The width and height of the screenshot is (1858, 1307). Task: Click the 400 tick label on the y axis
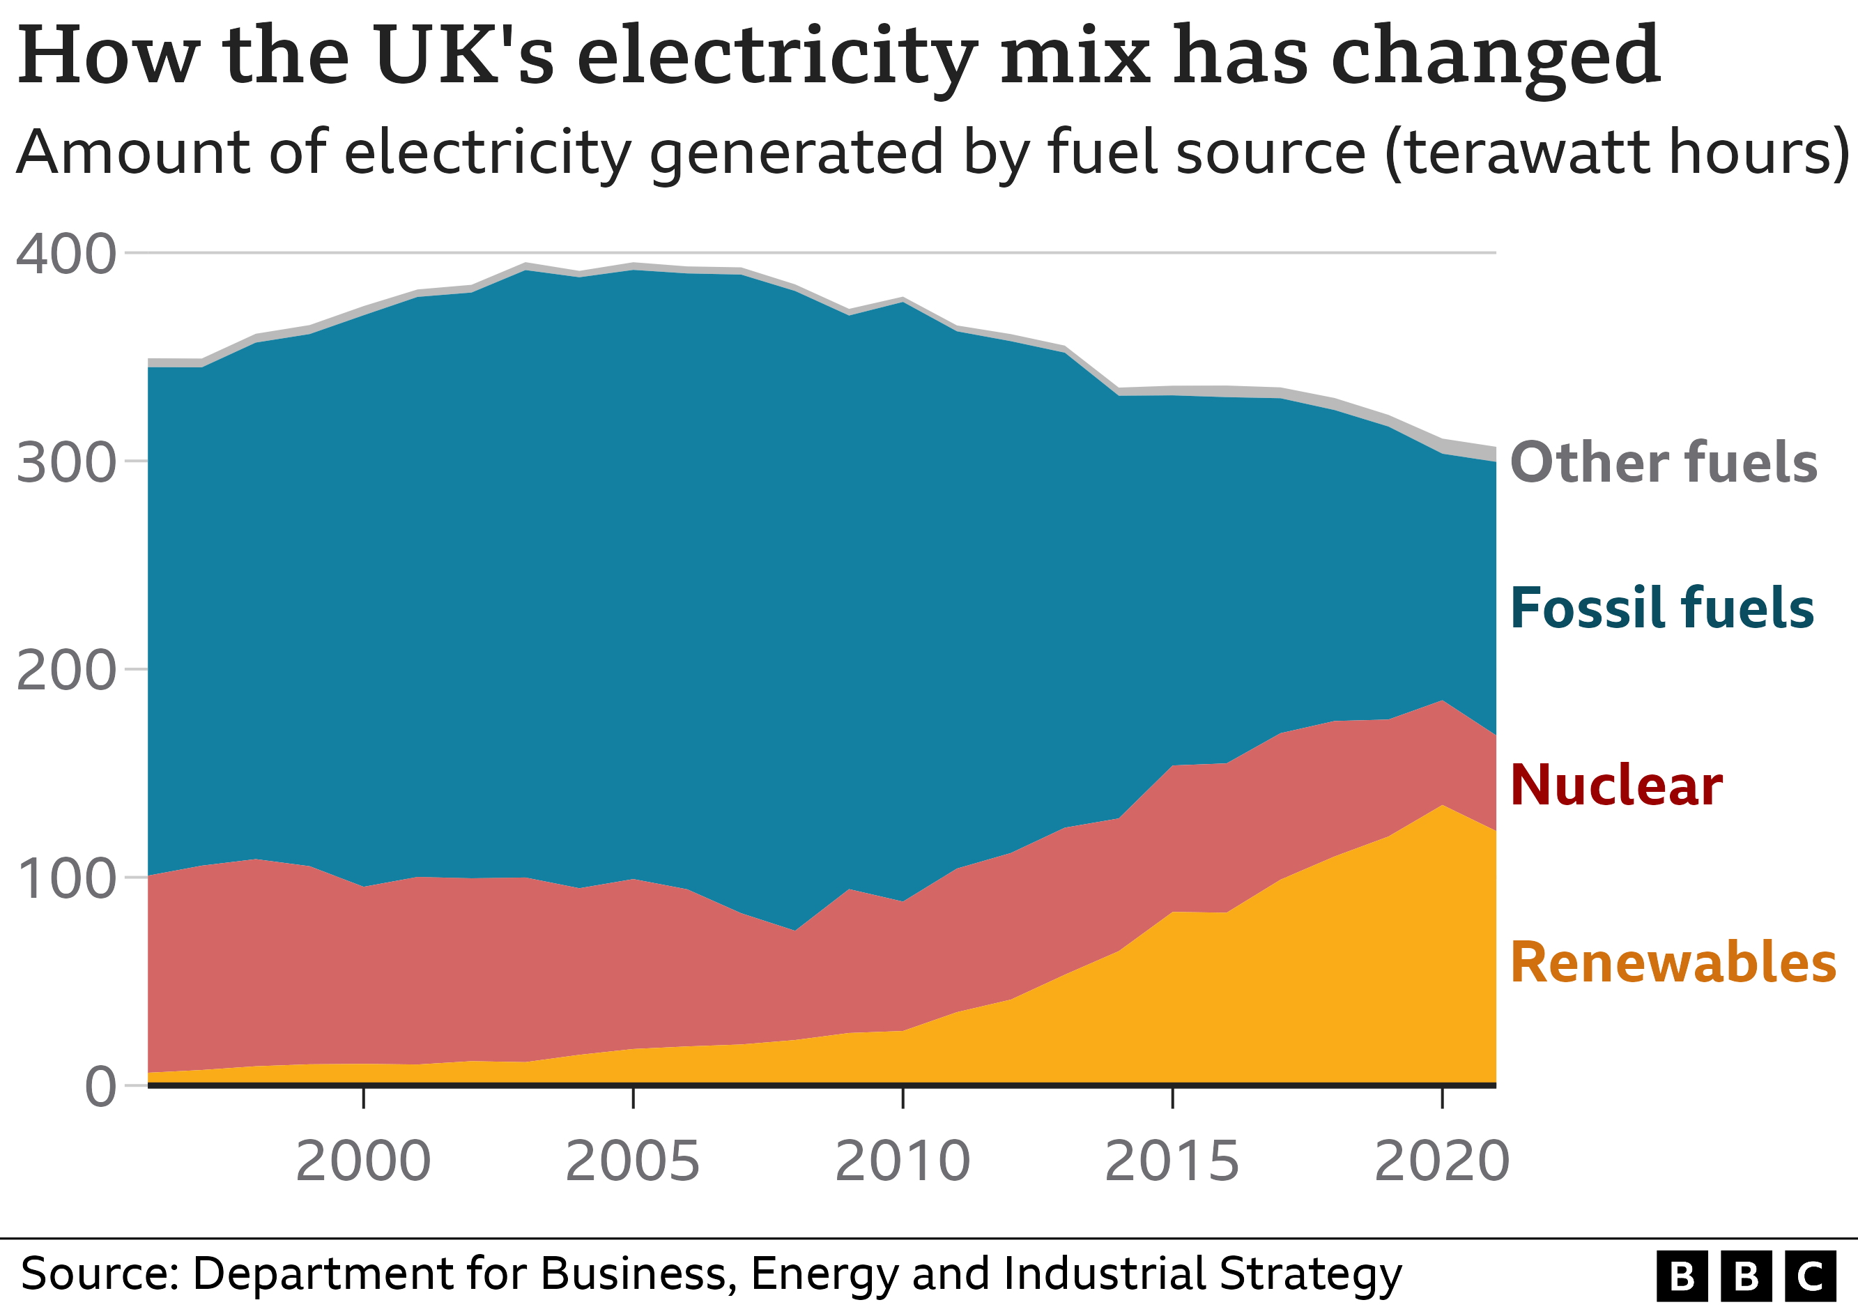66,255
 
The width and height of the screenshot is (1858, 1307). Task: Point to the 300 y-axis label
66,464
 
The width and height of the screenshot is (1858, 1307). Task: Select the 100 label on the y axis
66,879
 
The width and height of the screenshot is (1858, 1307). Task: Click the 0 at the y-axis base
101,1087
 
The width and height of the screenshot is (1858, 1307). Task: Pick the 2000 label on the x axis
363,1161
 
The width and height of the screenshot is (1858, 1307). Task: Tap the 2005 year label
633,1161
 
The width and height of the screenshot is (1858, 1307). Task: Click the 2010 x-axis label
903,1161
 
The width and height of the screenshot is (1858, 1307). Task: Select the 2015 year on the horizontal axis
1172,1161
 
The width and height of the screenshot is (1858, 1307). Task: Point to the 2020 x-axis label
1442,1161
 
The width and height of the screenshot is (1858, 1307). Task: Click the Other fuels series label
1664,463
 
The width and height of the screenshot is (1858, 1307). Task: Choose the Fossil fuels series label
1662,608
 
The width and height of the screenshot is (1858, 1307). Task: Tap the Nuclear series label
1617,785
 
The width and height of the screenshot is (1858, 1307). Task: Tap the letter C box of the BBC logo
1810,1276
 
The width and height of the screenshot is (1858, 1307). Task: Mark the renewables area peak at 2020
1441,805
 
